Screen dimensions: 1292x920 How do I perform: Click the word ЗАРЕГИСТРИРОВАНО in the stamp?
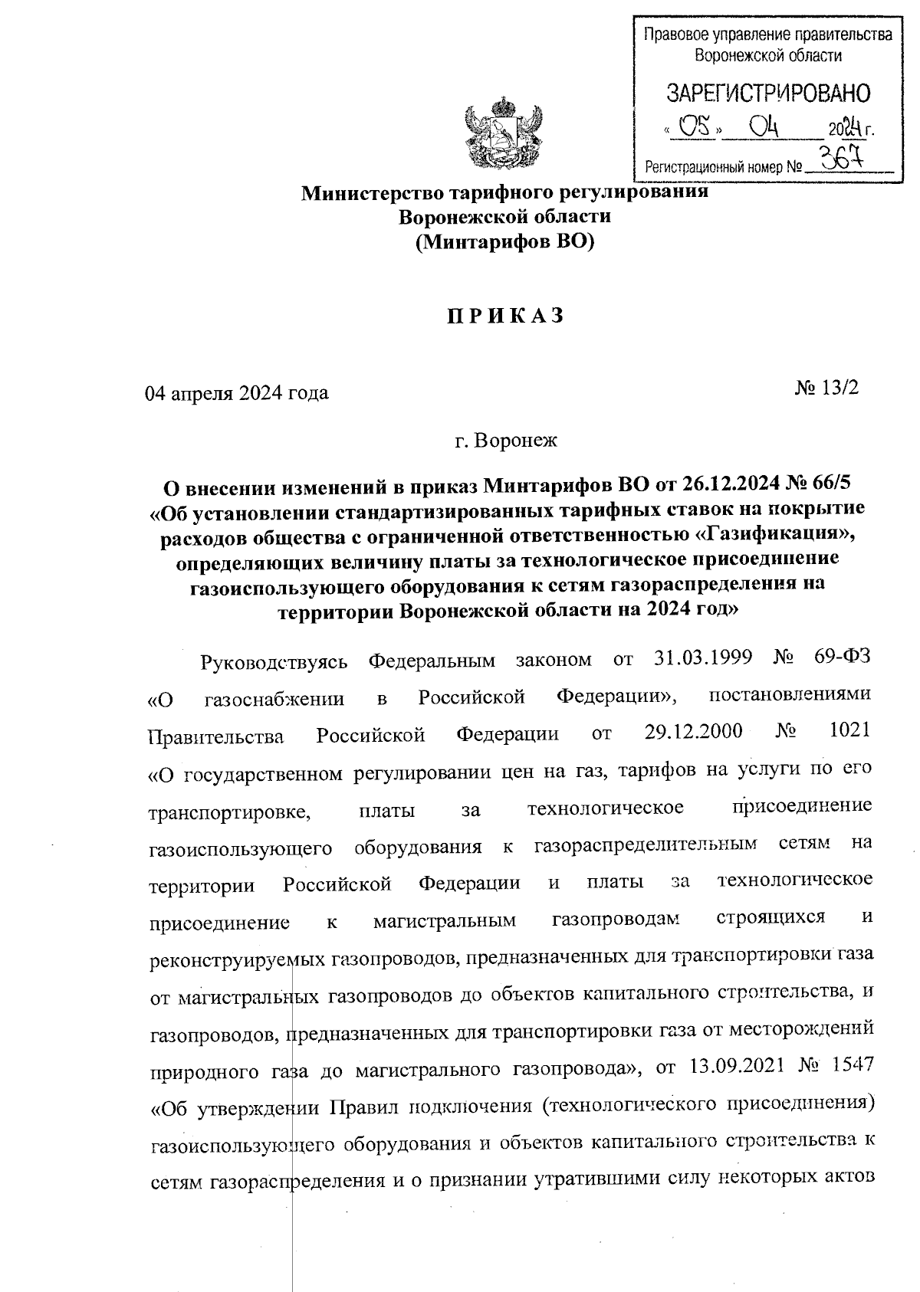[x=768, y=93]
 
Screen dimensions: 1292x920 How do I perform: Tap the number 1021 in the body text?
[x=850, y=730]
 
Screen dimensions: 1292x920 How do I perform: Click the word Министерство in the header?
[x=363, y=192]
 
